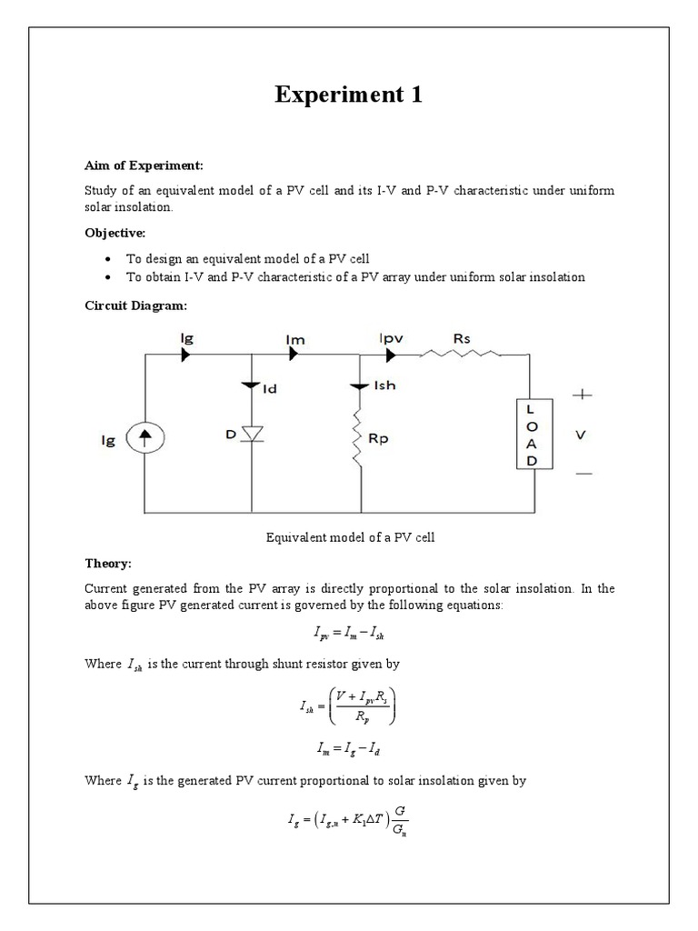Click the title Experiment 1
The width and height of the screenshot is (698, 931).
click(x=349, y=95)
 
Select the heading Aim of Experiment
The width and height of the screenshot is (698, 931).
click(x=145, y=165)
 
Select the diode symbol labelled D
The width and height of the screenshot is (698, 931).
click(x=252, y=435)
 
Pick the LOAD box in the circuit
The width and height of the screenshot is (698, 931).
click(x=532, y=435)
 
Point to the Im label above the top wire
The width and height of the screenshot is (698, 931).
click(x=295, y=339)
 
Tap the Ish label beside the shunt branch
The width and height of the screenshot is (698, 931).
click(x=385, y=386)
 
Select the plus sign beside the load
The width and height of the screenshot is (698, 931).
click(x=582, y=395)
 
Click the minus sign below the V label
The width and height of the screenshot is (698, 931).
click(x=583, y=474)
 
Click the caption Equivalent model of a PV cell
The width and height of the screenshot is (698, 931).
click(x=350, y=537)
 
